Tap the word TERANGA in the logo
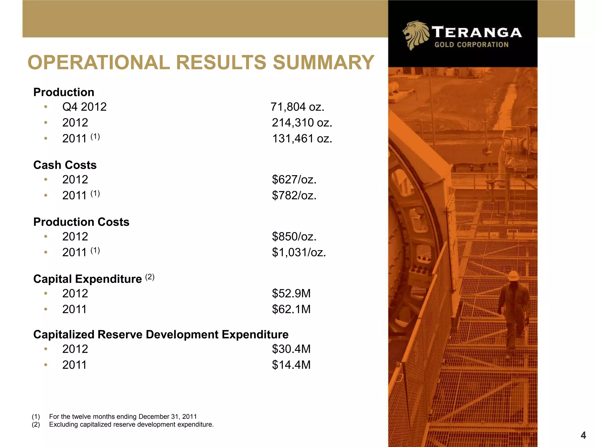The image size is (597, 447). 477,32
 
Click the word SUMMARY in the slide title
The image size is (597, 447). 323,63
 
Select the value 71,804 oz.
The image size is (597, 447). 297,107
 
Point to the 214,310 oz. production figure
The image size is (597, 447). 302,123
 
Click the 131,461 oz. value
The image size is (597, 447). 302,139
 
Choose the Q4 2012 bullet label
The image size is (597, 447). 84,107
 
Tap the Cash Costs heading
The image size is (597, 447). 65,165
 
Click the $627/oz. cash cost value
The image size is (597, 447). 294,180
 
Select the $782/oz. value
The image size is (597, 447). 294,195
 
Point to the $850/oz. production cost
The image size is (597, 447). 294,237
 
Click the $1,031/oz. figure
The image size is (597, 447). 299,252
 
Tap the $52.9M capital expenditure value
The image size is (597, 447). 291,293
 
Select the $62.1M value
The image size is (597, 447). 291,309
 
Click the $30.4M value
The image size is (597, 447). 291,349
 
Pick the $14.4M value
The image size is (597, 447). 291,365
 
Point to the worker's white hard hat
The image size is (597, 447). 513,275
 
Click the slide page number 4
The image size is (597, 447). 583,435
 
